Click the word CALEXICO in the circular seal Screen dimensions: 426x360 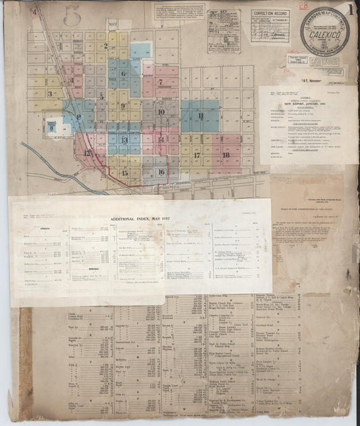[x=324, y=32]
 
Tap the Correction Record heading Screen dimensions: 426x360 [x=270, y=13]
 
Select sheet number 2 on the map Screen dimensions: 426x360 [x=106, y=47]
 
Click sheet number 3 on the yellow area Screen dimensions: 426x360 [x=49, y=94]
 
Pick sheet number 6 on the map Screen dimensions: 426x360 [x=123, y=74]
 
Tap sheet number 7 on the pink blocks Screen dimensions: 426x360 [x=160, y=82]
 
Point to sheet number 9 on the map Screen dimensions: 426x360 [x=123, y=106]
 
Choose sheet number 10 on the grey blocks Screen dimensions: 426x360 [x=161, y=112]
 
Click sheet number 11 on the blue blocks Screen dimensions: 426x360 [x=201, y=115]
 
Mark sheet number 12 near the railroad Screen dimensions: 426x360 [x=86, y=152]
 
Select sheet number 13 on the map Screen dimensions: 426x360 [x=124, y=140]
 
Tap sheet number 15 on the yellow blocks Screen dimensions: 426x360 [x=124, y=173]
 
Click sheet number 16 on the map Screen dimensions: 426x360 [x=161, y=171]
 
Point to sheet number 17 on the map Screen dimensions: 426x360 [x=197, y=155]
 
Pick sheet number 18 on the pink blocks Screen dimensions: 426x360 [x=226, y=155]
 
